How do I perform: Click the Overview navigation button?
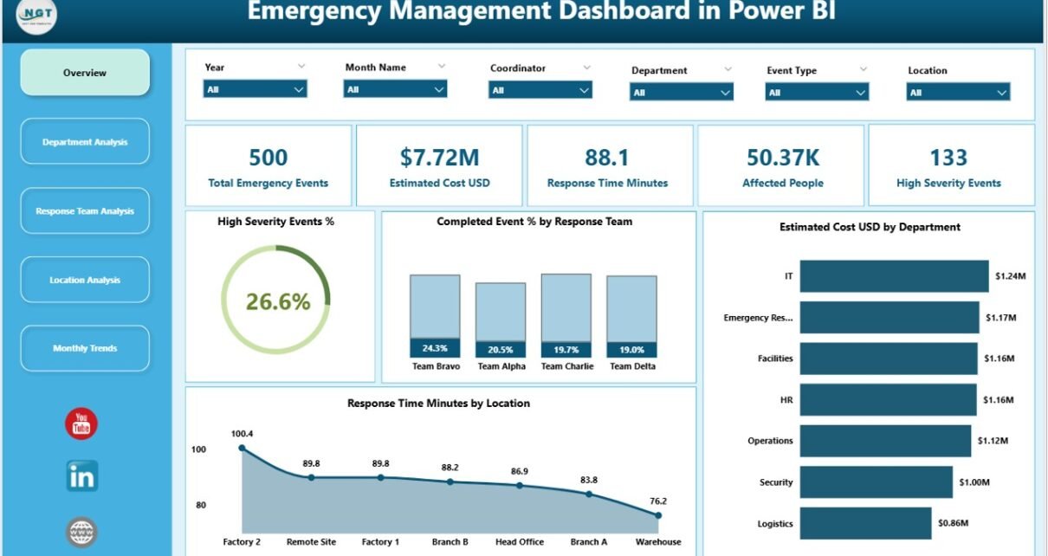[x=85, y=73]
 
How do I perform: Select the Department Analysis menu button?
[x=85, y=142]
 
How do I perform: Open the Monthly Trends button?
[x=85, y=348]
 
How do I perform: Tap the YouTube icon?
[x=81, y=423]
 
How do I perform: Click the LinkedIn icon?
[x=82, y=476]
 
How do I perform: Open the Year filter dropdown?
[x=256, y=89]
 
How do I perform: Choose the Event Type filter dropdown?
[x=817, y=93]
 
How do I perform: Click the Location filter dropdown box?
[x=958, y=93]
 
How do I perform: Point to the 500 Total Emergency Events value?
[x=268, y=157]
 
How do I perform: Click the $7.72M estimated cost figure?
[x=439, y=157]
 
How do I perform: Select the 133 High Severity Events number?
[x=948, y=157]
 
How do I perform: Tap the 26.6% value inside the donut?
[x=277, y=301]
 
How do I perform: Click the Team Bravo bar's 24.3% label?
[x=435, y=349]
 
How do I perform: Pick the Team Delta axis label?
[x=632, y=366]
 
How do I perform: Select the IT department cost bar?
[x=894, y=276]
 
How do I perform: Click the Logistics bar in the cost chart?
[x=865, y=523]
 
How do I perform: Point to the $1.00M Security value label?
[x=975, y=482]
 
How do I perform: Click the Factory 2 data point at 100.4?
[x=242, y=448]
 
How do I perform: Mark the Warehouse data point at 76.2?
[x=658, y=515]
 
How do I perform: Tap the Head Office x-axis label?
[x=520, y=542]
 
